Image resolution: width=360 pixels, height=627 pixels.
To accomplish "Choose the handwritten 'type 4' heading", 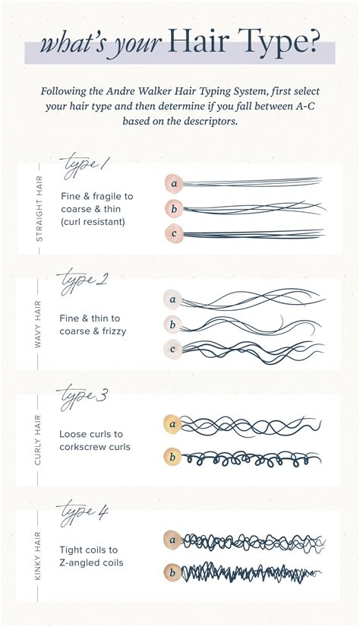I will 84,512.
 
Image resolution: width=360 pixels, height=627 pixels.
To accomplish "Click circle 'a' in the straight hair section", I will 174,183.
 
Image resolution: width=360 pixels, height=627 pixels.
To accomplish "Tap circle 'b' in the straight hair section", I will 174,208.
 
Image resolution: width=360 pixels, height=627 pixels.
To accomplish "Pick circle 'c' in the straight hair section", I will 174,233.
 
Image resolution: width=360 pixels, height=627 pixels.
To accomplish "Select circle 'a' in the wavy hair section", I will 172,299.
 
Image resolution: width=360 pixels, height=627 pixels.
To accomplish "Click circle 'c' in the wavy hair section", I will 172,350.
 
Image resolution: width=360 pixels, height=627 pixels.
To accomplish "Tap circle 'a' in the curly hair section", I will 172,425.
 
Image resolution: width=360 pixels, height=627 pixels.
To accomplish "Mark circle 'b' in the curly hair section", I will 172,458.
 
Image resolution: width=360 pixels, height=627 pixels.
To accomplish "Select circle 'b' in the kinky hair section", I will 172,572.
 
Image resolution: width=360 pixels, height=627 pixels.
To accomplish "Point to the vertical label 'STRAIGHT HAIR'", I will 39,207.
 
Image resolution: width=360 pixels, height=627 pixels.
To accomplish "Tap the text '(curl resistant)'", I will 94,221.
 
